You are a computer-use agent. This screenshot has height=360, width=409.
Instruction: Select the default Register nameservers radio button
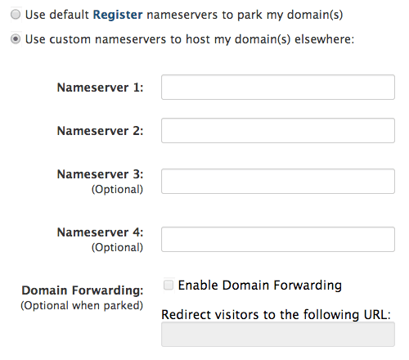16,15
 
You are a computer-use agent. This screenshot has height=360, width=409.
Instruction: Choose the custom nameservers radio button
16,39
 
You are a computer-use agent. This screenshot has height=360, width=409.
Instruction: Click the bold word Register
118,15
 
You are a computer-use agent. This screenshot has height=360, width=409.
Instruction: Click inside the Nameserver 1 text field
278,88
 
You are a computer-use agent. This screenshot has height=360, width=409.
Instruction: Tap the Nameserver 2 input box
278,131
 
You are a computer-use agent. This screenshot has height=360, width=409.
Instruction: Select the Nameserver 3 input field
278,182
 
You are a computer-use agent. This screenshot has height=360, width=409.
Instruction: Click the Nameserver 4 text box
278,240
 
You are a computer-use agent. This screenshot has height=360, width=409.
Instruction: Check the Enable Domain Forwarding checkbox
169,286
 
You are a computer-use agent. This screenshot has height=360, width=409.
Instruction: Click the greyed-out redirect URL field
278,335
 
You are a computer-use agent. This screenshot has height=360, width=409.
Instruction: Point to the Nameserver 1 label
100,88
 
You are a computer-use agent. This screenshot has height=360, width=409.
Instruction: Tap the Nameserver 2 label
100,131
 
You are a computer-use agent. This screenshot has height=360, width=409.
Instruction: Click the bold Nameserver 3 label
100,174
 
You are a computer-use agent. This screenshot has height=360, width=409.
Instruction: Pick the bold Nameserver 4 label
100,232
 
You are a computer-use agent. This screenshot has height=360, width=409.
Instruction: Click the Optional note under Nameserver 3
117,189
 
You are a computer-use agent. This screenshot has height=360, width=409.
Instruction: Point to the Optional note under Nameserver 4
117,247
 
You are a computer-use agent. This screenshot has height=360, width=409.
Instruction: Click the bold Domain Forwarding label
83,290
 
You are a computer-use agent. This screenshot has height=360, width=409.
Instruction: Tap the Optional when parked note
82,306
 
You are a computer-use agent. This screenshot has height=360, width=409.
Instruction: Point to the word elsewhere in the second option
325,39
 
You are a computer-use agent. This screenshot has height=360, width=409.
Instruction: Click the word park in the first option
249,16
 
